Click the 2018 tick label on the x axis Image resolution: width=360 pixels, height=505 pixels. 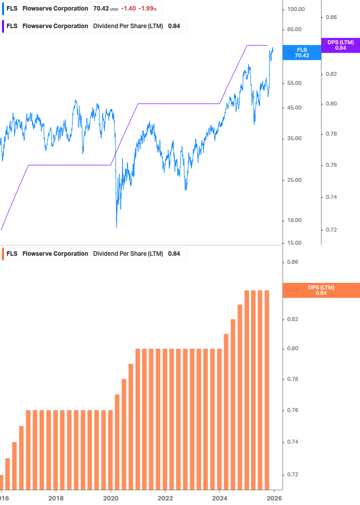pos(56,498)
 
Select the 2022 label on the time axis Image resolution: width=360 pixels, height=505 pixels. pos(165,498)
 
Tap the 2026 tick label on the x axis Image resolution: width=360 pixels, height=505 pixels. pos(274,498)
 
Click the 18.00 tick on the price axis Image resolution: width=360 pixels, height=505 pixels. pos(295,220)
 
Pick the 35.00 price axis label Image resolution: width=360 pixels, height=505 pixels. pos(295,139)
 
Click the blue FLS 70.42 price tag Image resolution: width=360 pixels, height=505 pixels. pos(302,53)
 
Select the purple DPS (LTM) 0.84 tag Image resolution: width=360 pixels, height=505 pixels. pos(340,45)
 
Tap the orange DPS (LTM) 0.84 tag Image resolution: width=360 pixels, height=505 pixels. pos(321,290)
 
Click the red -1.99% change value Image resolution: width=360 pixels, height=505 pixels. pos(148,9)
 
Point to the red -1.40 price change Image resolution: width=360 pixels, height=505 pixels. pos(128,9)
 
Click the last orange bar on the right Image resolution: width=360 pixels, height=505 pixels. pos(267,389)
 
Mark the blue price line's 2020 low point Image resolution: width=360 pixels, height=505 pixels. pos(116,227)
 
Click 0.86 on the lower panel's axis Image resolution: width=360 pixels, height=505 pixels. pos(292,262)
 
